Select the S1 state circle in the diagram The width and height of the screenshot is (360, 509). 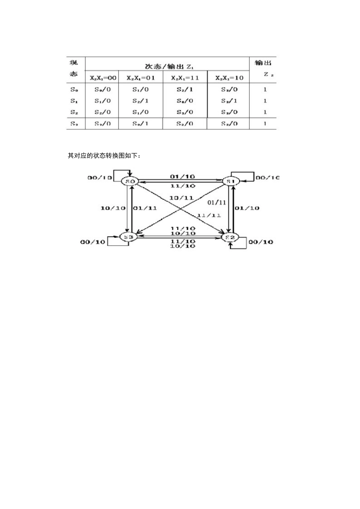pos(230,181)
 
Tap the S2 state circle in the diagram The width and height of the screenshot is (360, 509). pos(230,237)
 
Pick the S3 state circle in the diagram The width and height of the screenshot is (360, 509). pos(129,237)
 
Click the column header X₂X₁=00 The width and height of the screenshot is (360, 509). pos(103,78)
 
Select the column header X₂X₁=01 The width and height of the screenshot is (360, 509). pos(141,78)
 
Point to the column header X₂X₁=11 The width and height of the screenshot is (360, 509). pos(185,78)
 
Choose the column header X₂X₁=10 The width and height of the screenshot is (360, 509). pos(229,78)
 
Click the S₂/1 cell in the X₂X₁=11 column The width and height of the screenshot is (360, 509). pos(185,89)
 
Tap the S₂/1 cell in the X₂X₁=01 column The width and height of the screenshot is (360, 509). pos(141,101)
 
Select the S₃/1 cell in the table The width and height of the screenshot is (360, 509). pos(229,101)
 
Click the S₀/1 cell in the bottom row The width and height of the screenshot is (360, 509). pos(141,123)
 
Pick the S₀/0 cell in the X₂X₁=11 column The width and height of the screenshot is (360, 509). pos(185,101)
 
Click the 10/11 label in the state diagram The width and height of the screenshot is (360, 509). pos(181,198)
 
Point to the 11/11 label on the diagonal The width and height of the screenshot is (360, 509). pos(208,215)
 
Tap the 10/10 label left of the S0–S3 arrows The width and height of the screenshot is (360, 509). pos(113,208)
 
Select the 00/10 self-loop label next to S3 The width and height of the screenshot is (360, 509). pos(92,242)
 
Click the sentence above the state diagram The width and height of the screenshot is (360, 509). pos(104,156)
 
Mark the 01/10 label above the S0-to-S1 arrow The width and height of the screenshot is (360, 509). pos(182,176)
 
